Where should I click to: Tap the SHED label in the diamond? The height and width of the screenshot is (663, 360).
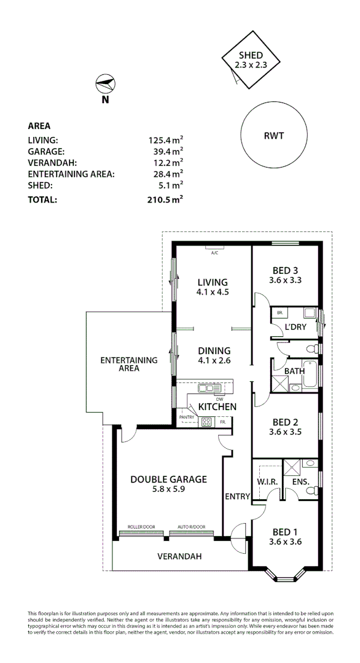point(251,55)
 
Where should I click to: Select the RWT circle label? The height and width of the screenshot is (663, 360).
point(274,136)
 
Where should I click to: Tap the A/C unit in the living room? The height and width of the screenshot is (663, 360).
point(214,251)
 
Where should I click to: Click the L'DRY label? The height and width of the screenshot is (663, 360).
point(295,327)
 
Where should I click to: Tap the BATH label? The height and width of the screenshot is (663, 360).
point(294,371)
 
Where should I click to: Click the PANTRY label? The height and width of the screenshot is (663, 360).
point(187,418)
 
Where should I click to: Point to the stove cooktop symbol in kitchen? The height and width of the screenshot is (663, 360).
point(206,422)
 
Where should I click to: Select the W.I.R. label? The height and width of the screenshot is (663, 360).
point(268,482)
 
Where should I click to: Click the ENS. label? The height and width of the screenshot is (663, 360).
point(301,483)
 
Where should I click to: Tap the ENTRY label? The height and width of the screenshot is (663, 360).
point(237,496)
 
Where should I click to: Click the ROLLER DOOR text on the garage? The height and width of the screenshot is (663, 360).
point(141,527)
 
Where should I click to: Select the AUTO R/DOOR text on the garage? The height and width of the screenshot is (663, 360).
point(191,527)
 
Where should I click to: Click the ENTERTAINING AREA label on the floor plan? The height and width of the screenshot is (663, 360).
point(129,364)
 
